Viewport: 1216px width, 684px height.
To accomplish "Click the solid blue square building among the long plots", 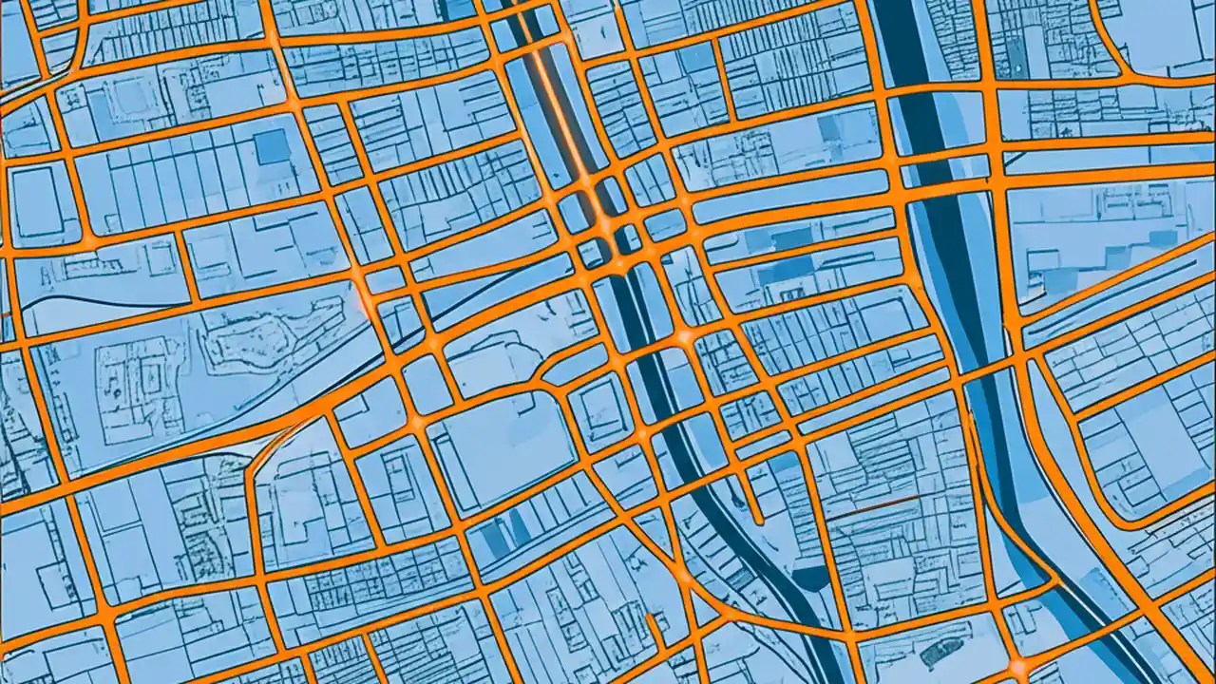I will [x=273, y=147].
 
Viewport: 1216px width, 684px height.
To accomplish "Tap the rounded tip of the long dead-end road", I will [x=759, y=519].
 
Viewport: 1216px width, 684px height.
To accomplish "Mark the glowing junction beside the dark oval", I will [x=1017, y=665].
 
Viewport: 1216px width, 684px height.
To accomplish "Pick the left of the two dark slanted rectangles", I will [x=493, y=538].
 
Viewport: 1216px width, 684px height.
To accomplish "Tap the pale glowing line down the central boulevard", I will [x=560, y=104].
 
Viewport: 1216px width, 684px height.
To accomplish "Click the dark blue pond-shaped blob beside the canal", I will [x=808, y=576].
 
